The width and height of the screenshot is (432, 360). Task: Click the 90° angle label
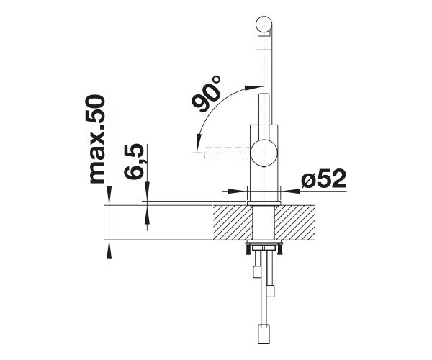click(x=207, y=94)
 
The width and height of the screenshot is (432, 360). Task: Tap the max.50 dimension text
click(x=97, y=140)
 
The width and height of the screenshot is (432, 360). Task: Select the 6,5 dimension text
click(x=134, y=162)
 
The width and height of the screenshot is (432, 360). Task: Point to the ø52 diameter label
click(x=323, y=179)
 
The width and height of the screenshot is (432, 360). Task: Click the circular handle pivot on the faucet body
click(x=264, y=153)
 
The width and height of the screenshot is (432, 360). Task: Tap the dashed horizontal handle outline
click(x=228, y=153)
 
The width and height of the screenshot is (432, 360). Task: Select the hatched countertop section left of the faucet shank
click(x=233, y=222)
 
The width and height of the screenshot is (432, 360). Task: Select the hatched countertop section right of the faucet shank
click(x=294, y=222)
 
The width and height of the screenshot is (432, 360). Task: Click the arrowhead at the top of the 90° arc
click(x=253, y=87)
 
